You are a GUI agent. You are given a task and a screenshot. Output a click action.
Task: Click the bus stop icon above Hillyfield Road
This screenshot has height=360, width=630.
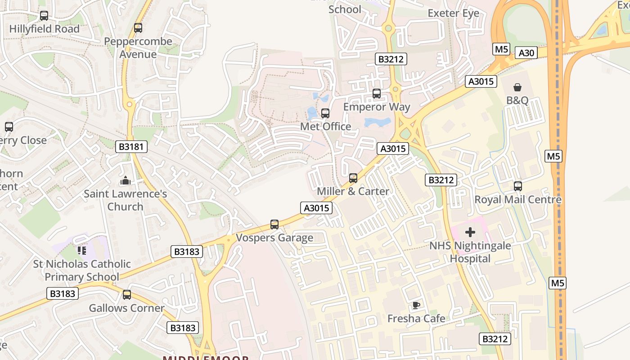pos(44,16)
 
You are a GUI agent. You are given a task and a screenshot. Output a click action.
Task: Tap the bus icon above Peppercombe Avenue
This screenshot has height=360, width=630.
pos(138,28)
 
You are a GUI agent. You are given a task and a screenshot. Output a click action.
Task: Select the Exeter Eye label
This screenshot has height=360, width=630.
pos(453,13)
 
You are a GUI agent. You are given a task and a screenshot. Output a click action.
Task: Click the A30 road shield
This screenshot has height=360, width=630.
pos(526,53)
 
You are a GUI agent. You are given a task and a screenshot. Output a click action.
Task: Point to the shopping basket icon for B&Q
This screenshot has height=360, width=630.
pos(517,87)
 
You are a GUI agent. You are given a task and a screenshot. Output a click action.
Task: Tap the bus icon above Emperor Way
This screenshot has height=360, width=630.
pos(377,94)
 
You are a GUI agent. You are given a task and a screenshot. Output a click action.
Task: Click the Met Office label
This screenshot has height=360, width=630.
pos(325,126)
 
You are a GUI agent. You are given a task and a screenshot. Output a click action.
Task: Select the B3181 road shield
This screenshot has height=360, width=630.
pos(131,146)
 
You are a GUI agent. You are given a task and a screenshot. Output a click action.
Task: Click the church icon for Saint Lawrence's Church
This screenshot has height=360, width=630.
pos(125,181)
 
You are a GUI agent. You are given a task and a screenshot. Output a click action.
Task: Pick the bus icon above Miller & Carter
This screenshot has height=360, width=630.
pos(353,178)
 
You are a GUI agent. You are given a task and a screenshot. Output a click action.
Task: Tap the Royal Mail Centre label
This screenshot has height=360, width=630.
pos(518,199)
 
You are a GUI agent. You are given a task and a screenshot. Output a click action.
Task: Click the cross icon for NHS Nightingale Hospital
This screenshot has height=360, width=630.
pos(470,232)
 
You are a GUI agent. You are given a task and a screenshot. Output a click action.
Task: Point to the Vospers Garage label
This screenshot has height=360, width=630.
pos(274,238)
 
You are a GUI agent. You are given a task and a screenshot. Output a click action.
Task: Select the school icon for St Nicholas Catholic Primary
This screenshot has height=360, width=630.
pos(81,250)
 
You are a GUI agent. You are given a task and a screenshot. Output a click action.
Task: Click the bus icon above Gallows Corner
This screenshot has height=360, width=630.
pos(127,295)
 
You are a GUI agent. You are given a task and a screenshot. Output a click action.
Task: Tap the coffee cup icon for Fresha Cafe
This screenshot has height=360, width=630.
pos(416,305)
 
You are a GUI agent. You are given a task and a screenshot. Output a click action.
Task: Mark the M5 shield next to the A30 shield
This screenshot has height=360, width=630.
pos(501,49)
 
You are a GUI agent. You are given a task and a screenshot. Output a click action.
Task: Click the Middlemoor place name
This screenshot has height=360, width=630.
pos(206,358)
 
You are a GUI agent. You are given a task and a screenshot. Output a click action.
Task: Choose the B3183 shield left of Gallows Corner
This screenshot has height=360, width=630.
pos(63,294)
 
